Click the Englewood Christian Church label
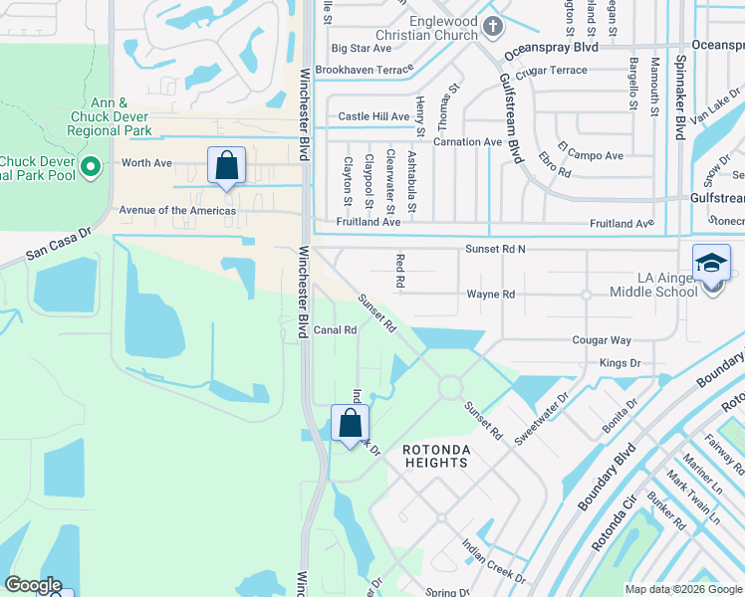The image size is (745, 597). point(431,27)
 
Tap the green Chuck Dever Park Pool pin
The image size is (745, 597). point(92,166)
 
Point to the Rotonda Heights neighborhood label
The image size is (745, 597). point(435,457)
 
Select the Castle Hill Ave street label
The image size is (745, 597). point(373,116)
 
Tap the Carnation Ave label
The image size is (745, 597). point(466,142)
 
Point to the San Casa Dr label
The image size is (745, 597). point(58,248)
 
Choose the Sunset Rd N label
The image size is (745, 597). point(495,248)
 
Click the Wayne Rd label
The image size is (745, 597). point(491,295)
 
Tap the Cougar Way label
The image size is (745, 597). point(602,340)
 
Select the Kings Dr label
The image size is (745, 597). point(621,364)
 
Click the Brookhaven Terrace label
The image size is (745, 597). point(363,71)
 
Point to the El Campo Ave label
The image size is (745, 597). point(590,155)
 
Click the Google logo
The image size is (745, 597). point(33,586)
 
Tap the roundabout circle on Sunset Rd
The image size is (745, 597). point(448,386)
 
